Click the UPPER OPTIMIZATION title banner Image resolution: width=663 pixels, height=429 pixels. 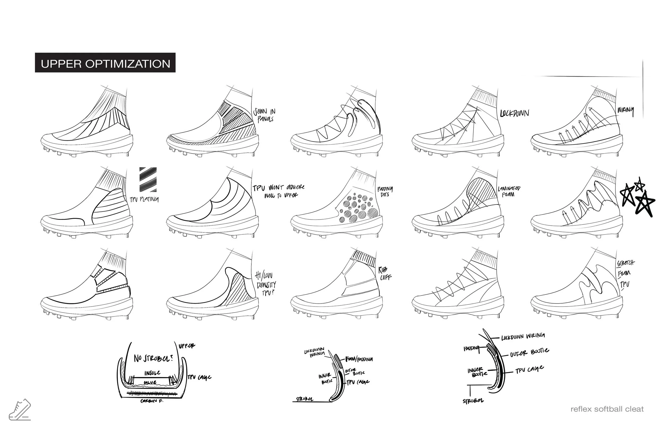[105, 63]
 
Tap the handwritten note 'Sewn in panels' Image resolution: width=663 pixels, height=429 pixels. [264, 115]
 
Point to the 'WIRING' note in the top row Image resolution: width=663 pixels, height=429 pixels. [626, 111]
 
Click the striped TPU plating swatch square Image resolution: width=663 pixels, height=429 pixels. [148, 180]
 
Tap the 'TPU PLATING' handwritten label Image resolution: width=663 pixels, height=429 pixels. [144, 199]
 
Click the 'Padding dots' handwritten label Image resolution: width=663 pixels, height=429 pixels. [385, 192]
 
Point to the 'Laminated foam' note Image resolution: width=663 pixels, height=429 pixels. [509, 191]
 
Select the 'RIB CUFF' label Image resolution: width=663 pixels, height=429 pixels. [385, 273]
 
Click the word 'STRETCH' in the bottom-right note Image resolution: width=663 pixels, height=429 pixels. [626, 263]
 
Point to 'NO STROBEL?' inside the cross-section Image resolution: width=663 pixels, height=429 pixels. [153, 358]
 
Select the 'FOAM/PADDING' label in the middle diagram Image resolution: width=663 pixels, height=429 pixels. [359, 359]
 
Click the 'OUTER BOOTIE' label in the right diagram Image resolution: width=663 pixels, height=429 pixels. [529, 353]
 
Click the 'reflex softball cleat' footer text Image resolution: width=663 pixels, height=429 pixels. [607, 409]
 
